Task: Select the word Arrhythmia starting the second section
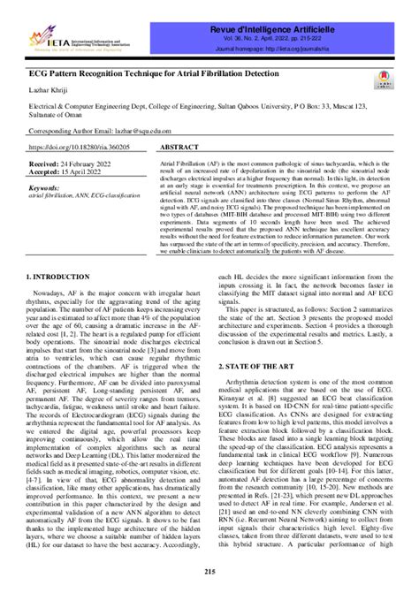point(248,379)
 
